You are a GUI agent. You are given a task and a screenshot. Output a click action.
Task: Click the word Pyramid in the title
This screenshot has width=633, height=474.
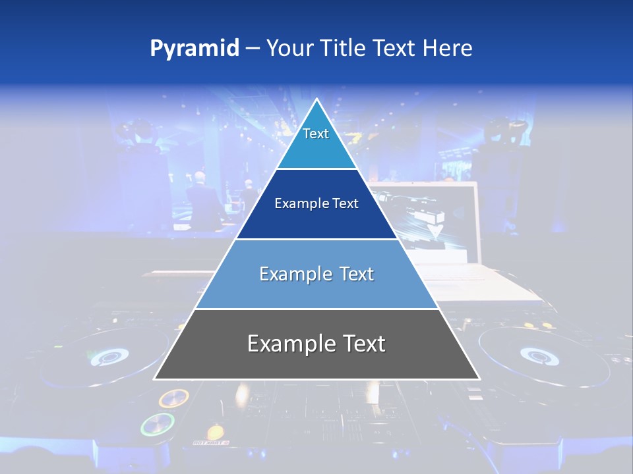(x=194, y=49)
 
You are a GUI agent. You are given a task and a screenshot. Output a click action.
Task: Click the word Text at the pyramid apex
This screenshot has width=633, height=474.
(x=316, y=134)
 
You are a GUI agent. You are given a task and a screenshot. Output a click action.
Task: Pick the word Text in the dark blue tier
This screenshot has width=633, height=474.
(x=346, y=203)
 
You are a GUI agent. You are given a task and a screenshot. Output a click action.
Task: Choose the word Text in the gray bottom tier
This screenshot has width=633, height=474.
(x=363, y=344)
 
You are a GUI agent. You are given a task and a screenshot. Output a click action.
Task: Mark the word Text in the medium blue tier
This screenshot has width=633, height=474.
(x=357, y=274)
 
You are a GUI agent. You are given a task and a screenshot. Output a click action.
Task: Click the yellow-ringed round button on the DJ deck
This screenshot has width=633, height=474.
(x=173, y=398)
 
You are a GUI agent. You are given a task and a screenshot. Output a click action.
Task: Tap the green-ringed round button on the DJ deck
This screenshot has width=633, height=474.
(x=158, y=425)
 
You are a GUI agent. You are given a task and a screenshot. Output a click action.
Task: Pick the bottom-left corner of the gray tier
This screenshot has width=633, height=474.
(x=154, y=379)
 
